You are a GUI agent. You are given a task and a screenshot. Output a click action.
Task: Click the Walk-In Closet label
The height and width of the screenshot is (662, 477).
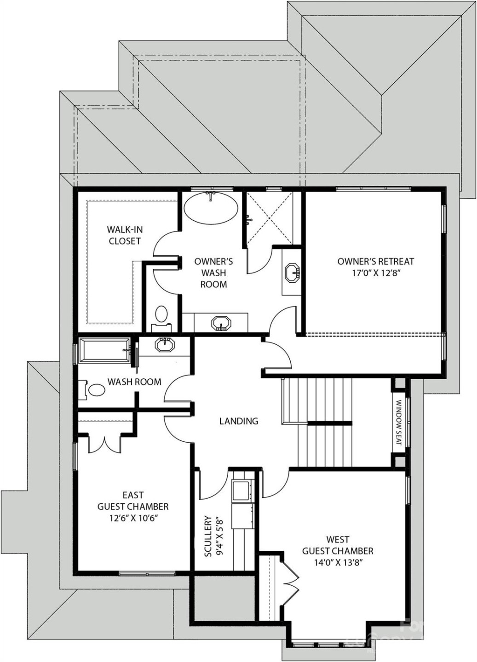[124, 235]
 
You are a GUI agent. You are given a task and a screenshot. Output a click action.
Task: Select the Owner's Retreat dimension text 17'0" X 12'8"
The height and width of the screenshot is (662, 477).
[376, 273]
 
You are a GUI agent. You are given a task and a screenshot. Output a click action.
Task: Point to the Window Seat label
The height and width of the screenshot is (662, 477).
[399, 422]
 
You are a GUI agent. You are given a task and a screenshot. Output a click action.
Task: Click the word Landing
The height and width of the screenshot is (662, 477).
[238, 421]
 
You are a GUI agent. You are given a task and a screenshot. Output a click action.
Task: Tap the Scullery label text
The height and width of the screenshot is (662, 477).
[208, 536]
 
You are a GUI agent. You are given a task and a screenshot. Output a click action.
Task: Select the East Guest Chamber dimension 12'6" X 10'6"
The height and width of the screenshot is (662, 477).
[132, 518]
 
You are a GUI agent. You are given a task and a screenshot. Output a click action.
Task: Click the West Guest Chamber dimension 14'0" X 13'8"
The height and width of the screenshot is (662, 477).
[338, 562]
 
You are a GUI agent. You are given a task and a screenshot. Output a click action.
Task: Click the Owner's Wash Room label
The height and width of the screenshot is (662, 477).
[213, 273]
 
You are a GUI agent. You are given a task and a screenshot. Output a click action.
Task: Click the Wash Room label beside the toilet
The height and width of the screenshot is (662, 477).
[134, 382]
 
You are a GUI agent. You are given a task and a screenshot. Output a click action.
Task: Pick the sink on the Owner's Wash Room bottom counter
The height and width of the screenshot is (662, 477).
[221, 324]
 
